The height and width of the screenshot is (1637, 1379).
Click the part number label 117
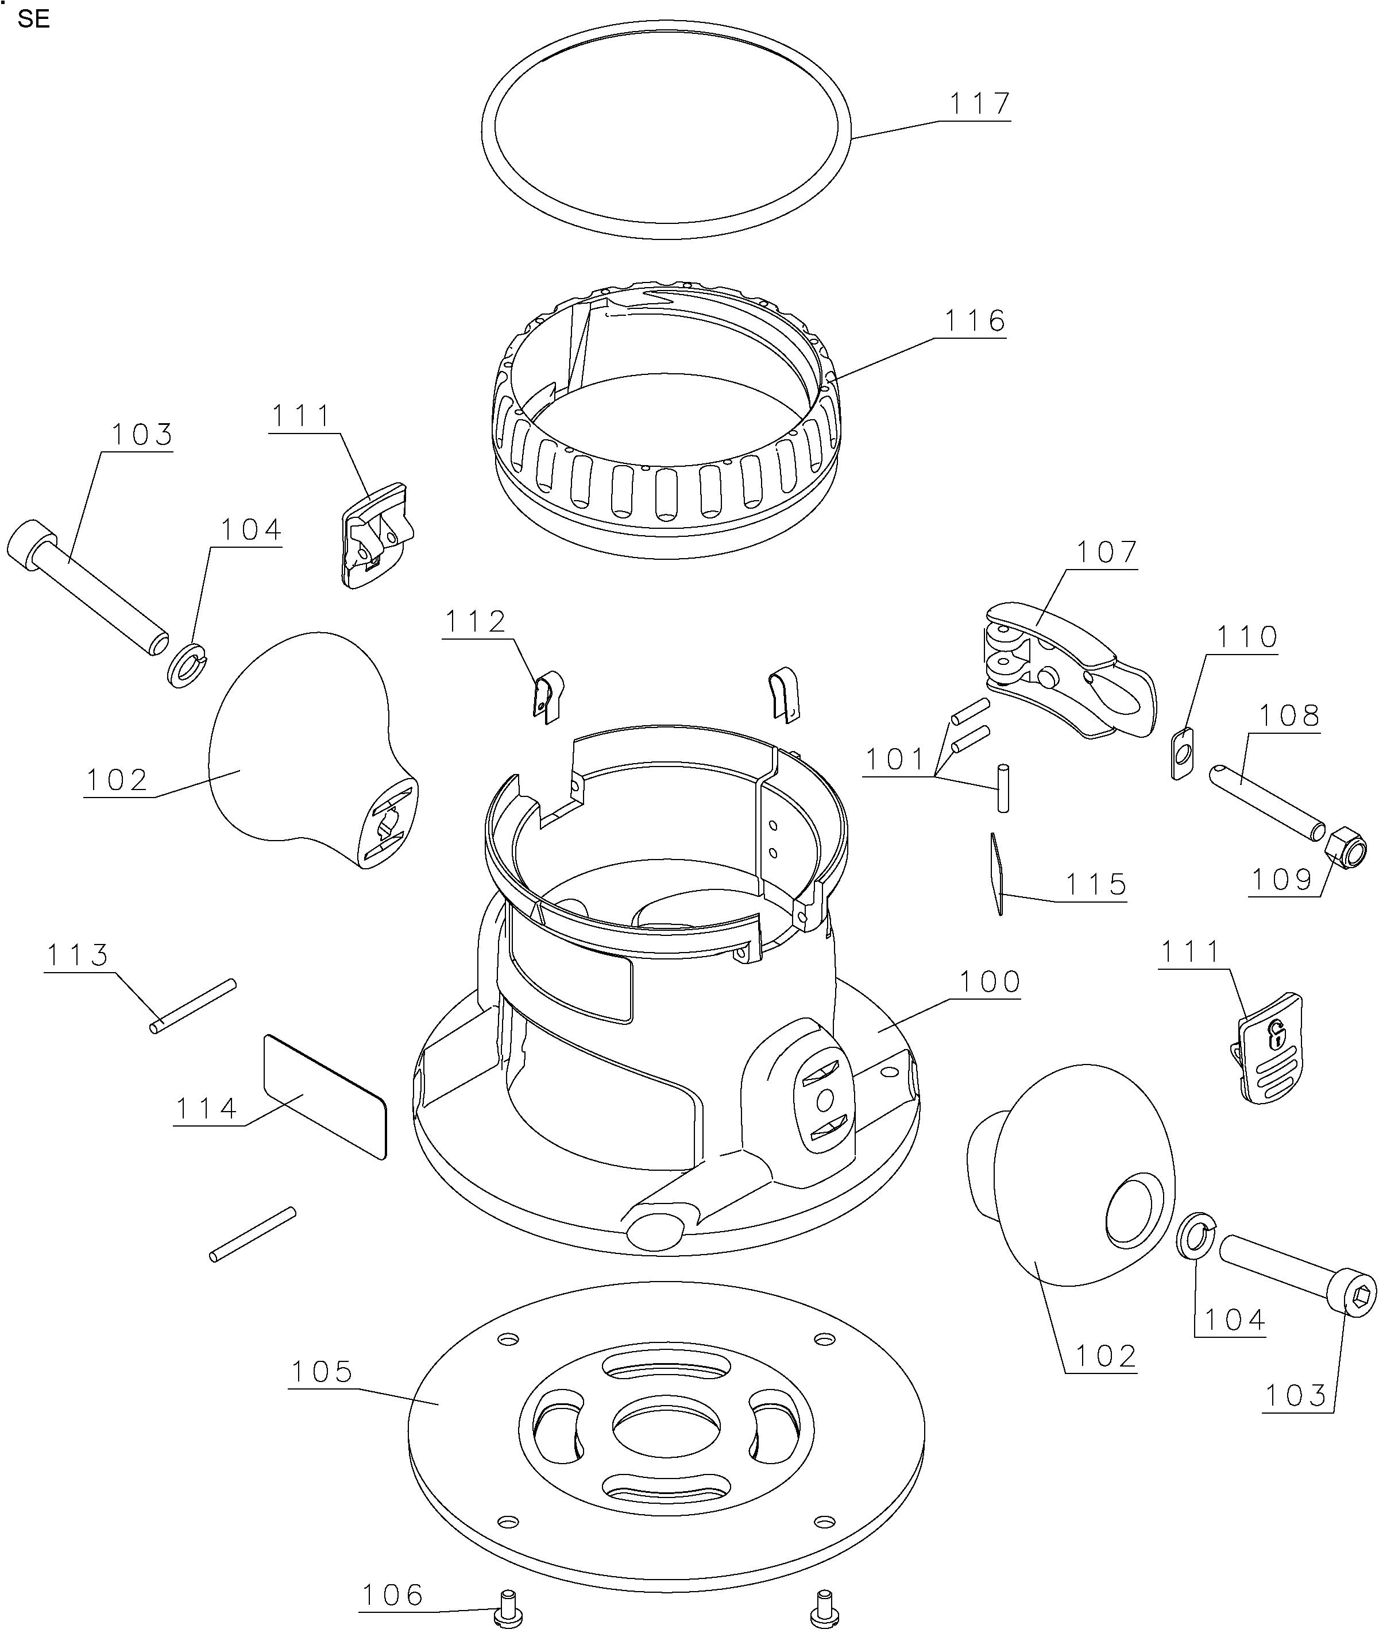click(980, 104)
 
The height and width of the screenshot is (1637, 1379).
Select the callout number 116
click(975, 321)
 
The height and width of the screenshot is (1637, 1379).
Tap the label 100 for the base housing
click(990, 982)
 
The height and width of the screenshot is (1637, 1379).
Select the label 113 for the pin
click(78, 955)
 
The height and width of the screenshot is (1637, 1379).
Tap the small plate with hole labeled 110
click(1184, 753)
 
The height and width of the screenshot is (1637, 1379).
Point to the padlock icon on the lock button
click(1276, 1035)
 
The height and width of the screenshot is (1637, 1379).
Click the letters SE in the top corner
click(34, 20)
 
